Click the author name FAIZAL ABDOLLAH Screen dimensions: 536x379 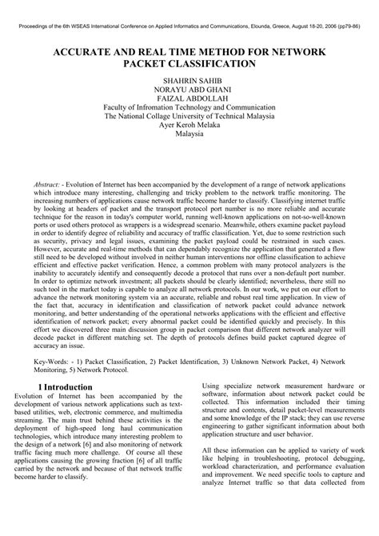pyautogui.click(x=189, y=103)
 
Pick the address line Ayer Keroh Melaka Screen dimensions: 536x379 pyautogui.click(x=189, y=124)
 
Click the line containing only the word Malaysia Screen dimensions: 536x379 pyautogui.click(x=189, y=134)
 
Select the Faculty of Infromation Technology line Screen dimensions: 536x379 pyautogui.click(x=189, y=114)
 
